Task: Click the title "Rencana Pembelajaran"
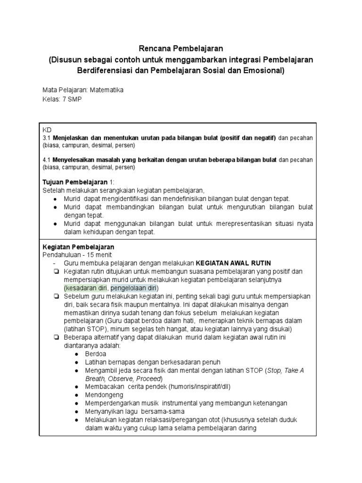pos(181,49)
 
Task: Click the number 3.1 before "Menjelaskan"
pos(47,137)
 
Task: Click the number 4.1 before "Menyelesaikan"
pos(47,160)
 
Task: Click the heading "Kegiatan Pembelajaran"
pos(78,247)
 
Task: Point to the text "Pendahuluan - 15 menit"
pos(74,255)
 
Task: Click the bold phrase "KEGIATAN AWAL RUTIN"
pos(233,263)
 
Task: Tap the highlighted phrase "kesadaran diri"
pos(87,288)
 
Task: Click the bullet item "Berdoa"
pos(95,353)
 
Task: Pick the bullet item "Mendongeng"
pos(104,395)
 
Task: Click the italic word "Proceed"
pos(148,379)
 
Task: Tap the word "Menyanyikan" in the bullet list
pos(104,411)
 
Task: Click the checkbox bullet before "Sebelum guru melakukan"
pos(56,296)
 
